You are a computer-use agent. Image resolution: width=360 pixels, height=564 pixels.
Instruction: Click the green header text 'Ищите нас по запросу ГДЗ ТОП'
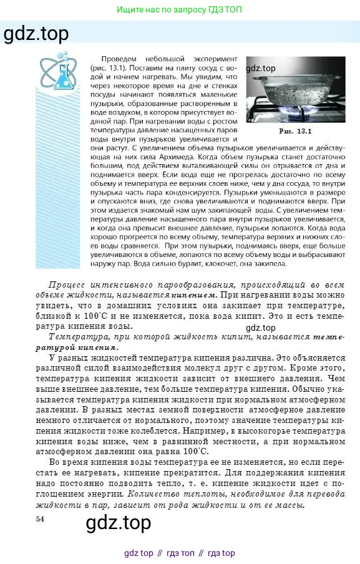point(180,10)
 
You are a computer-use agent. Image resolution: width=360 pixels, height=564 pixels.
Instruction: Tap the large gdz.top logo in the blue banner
point(36,33)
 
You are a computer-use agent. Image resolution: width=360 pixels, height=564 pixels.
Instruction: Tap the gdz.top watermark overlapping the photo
point(261,69)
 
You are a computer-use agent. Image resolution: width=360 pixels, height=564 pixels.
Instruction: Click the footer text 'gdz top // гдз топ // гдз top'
point(180,553)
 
